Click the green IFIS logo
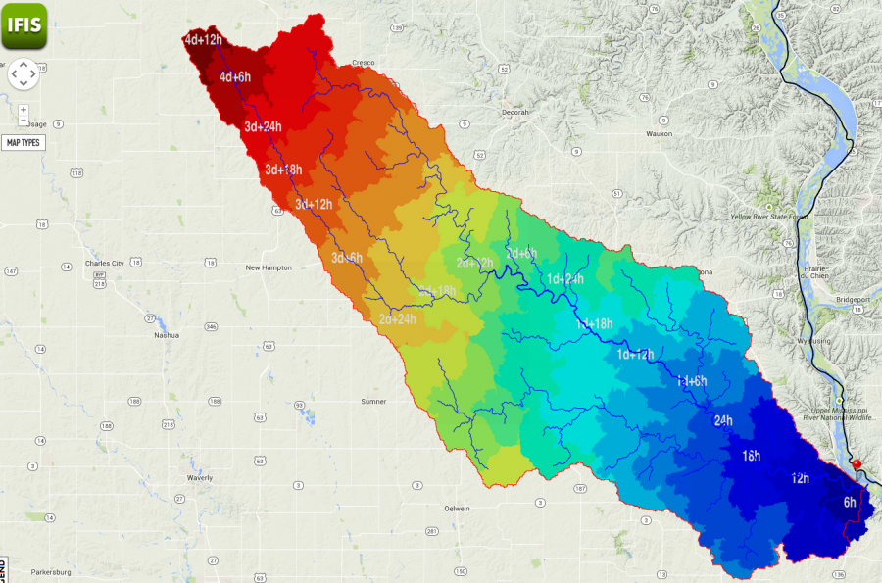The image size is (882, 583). pos(24,24)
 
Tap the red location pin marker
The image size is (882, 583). pos(857,464)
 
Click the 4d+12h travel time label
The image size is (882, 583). pos(203,40)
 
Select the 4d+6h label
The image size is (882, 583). pos(235,77)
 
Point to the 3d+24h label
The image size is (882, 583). pos(264,126)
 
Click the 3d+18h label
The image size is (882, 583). pos(283,170)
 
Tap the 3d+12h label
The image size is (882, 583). pos(315,204)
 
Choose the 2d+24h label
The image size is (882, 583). pos(397,318)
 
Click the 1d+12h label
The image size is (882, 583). pos(635,354)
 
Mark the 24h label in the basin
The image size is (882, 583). pos(723,420)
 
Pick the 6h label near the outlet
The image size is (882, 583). pos(849,503)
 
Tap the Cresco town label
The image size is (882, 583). pos(364,61)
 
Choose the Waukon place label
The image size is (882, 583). pos(659,133)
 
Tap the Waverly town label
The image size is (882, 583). pos(199,478)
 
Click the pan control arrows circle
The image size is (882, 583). pos(24,73)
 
